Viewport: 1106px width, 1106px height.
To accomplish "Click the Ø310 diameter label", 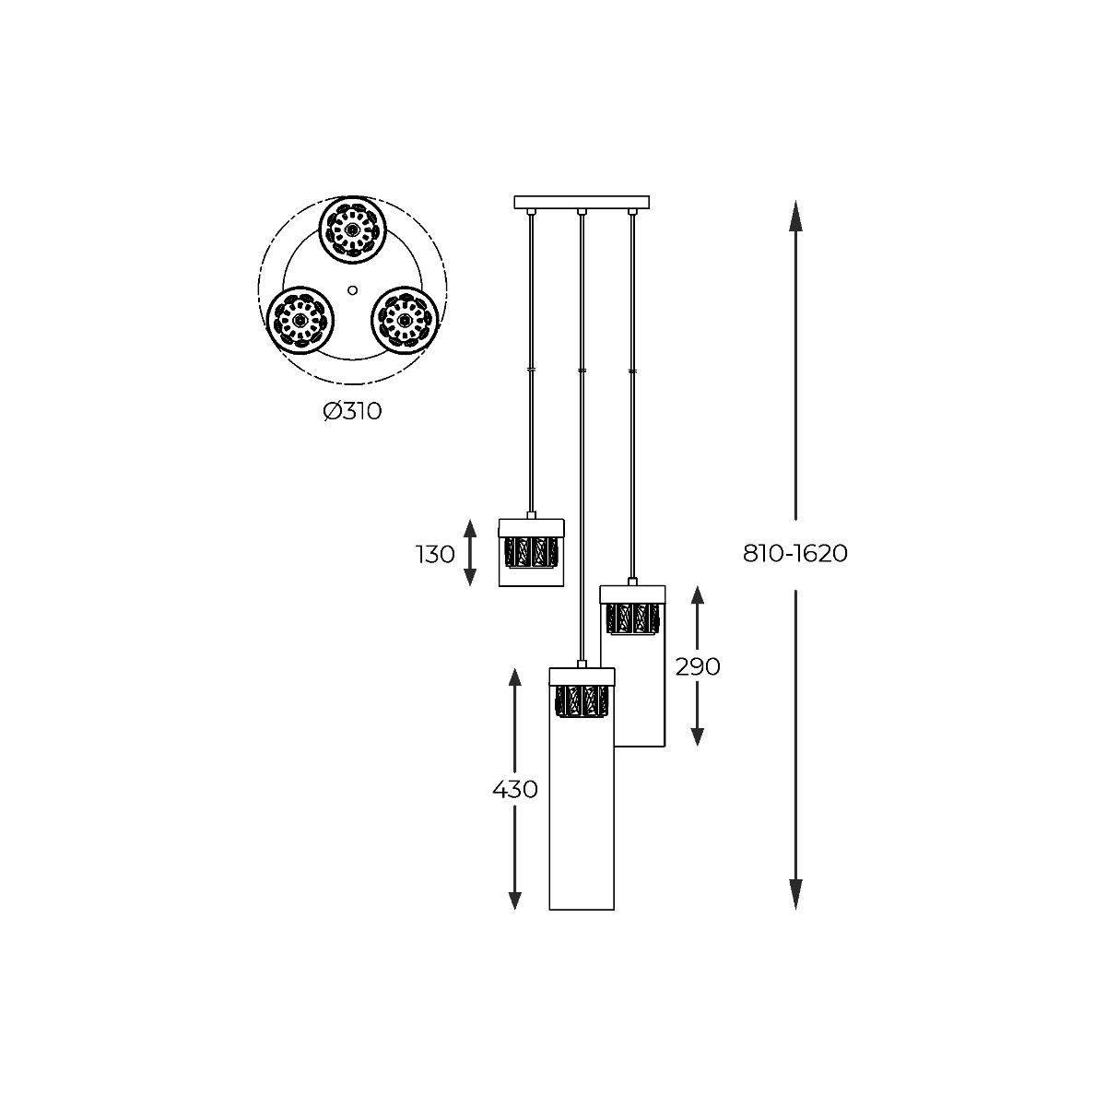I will (352, 411).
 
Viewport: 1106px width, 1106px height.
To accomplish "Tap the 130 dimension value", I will (435, 554).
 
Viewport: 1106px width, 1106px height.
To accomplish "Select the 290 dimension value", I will (698, 666).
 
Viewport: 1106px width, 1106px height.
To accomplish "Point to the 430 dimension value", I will (514, 790).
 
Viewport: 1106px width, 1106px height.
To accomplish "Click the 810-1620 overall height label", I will (795, 554).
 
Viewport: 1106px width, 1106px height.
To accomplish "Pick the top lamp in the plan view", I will (352, 229).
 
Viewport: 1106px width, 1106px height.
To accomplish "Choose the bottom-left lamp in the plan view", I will (300, 319).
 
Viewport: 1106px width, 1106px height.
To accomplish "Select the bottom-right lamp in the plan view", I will (404, 319).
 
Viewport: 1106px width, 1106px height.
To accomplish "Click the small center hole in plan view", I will (352, 289).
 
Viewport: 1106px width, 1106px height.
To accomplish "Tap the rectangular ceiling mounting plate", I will (582, 202).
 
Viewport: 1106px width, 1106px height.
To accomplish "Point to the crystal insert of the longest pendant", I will (582, 700).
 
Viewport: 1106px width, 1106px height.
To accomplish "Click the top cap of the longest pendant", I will (582, 676).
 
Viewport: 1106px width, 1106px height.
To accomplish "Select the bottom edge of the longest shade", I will (582, 910).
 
